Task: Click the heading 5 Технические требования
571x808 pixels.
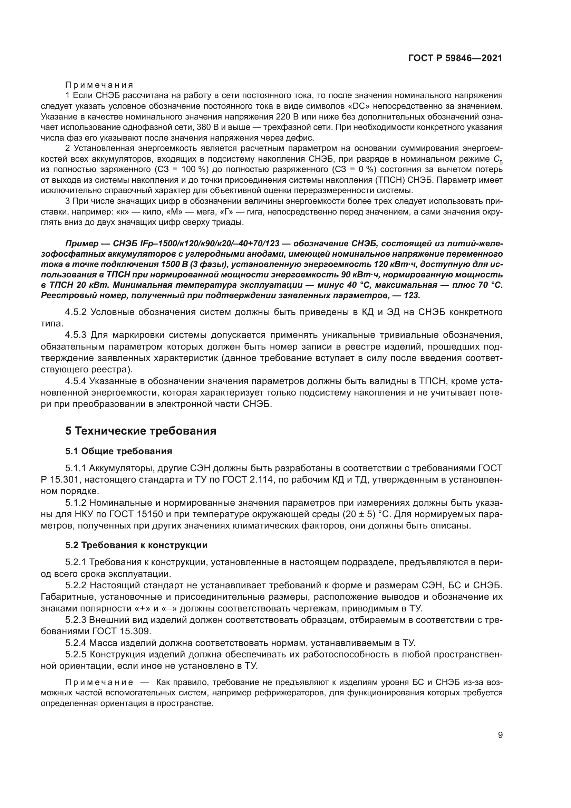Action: pyautogui.click(x=141, y=431)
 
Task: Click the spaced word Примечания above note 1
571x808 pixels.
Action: pyautogui.click(x=99, y=85)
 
